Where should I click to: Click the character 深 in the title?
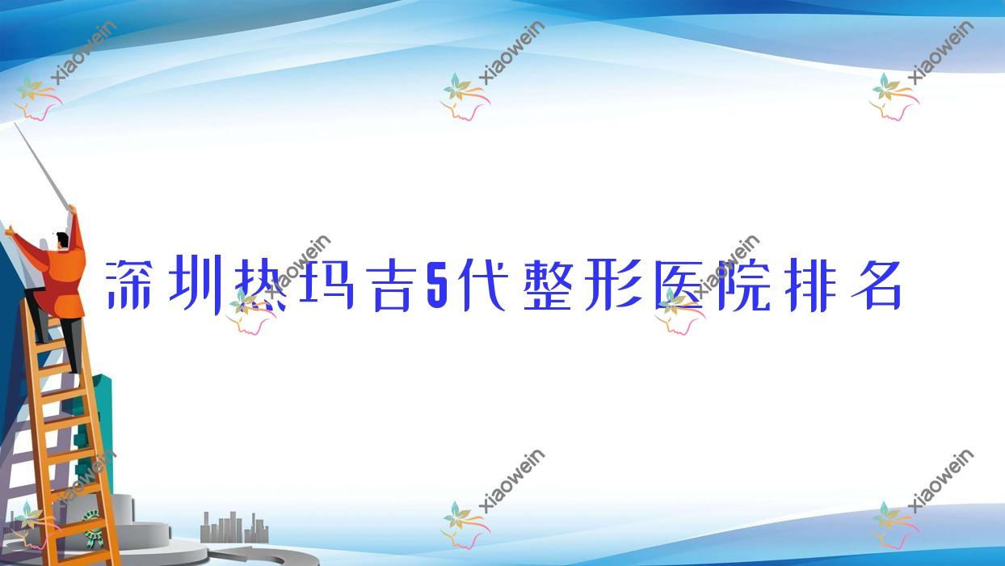coord(129,285)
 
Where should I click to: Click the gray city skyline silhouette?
coord(233,527)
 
